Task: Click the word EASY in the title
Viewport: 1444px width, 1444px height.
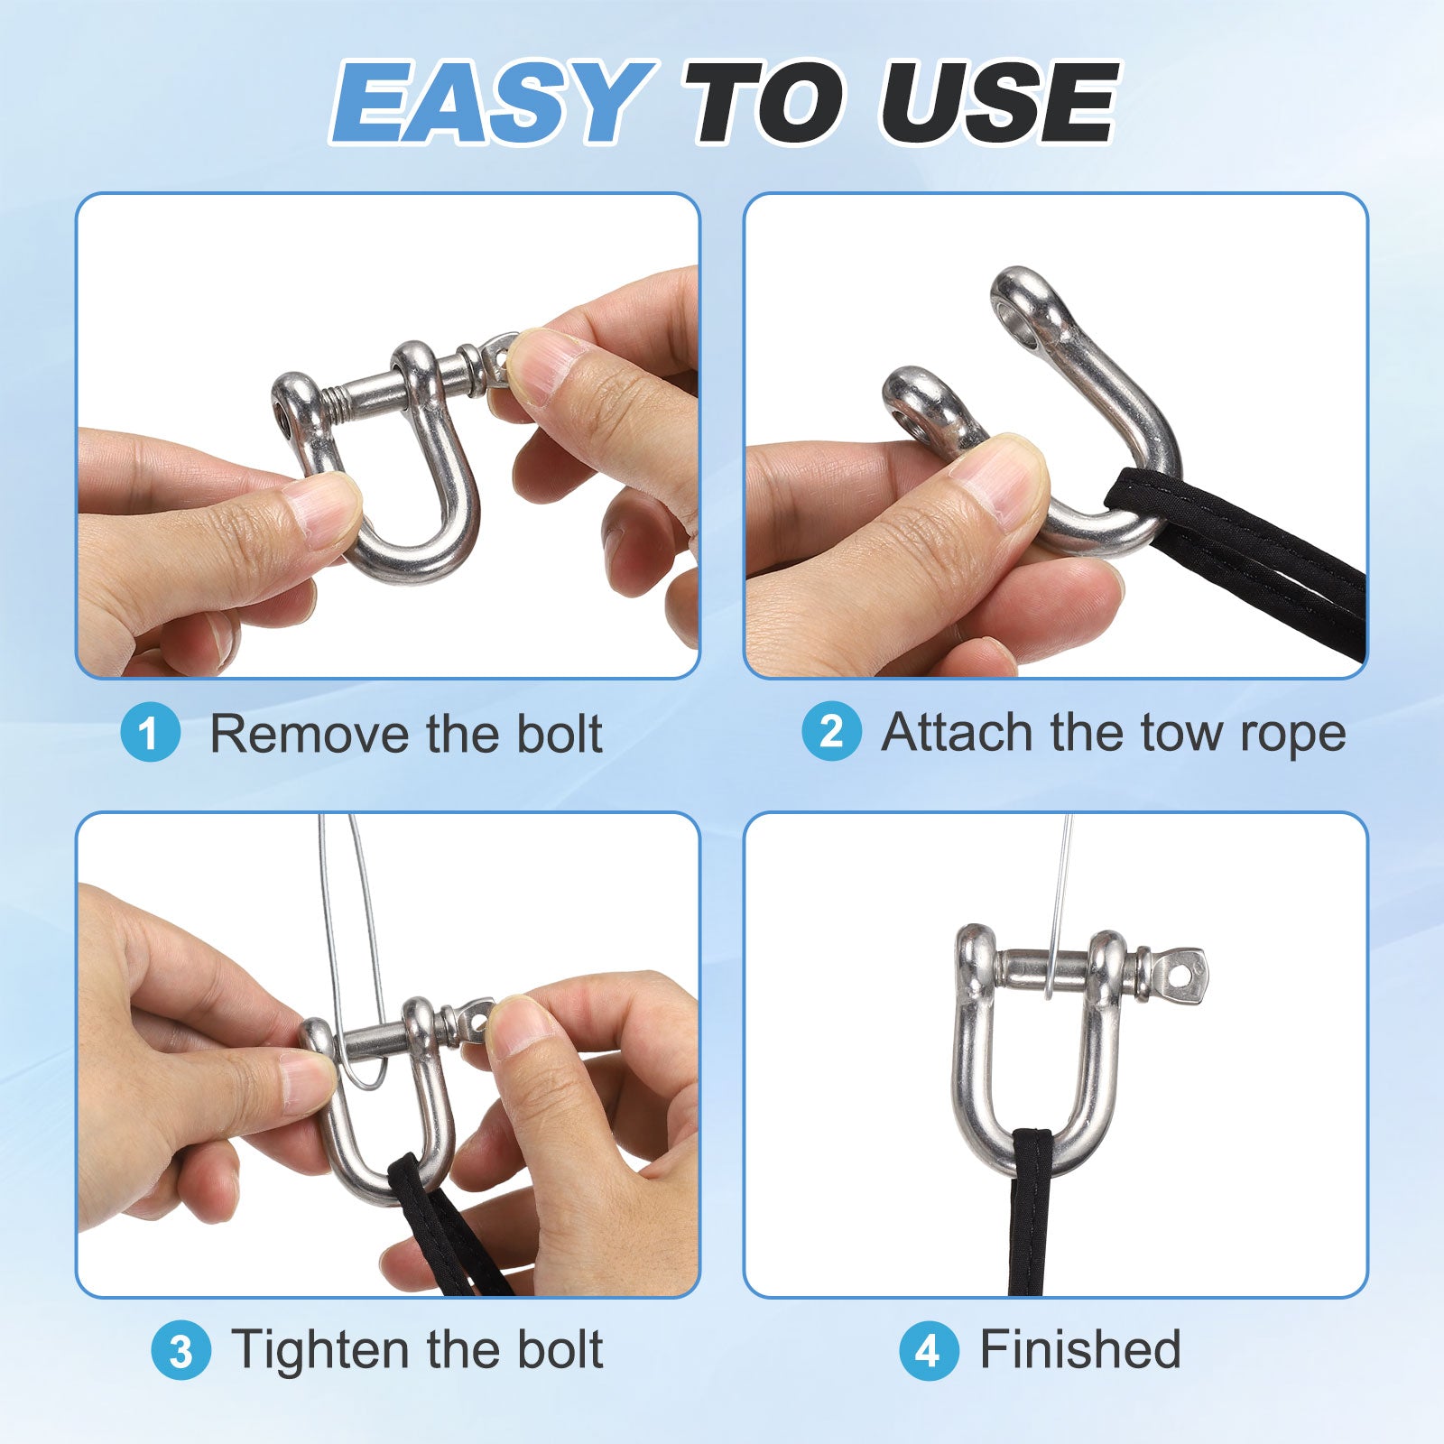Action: click(x=492, y=101)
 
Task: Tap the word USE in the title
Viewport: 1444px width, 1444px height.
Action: click(x=999, y=101)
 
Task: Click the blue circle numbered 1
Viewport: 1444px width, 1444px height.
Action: click(x=151, y=733)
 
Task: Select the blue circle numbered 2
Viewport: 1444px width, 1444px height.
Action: click(x=831, y=731)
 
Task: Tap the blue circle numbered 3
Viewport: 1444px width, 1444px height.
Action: click(x=180, y=1350)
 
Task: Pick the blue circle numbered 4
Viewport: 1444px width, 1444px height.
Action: click(x=928, y=1350)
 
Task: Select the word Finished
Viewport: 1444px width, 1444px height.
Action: click(x=1081, y=1350)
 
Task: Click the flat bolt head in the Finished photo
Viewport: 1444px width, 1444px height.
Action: click(x=1180, y=974)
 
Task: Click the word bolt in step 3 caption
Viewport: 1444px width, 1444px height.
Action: click(x=560, y=1351)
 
